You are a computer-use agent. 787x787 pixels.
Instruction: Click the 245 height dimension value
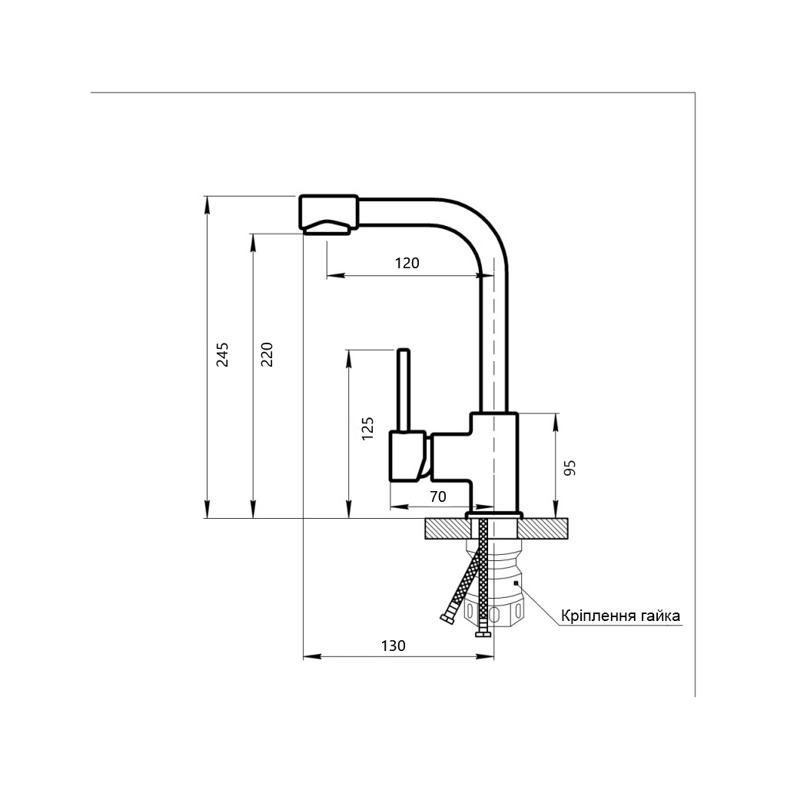tap(222, 354)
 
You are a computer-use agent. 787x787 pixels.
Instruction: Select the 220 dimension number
tap(267, 354)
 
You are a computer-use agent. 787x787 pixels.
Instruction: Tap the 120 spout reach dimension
tap(407, 263)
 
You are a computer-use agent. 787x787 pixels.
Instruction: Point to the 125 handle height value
tap(368, 428)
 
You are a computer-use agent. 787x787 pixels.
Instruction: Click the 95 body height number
tap(569, 468)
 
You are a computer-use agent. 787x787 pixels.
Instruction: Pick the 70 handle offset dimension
tap(437, 496)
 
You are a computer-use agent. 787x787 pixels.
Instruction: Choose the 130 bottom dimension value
tap(393, 646)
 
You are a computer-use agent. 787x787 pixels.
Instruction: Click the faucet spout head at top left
tap(329, 214)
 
